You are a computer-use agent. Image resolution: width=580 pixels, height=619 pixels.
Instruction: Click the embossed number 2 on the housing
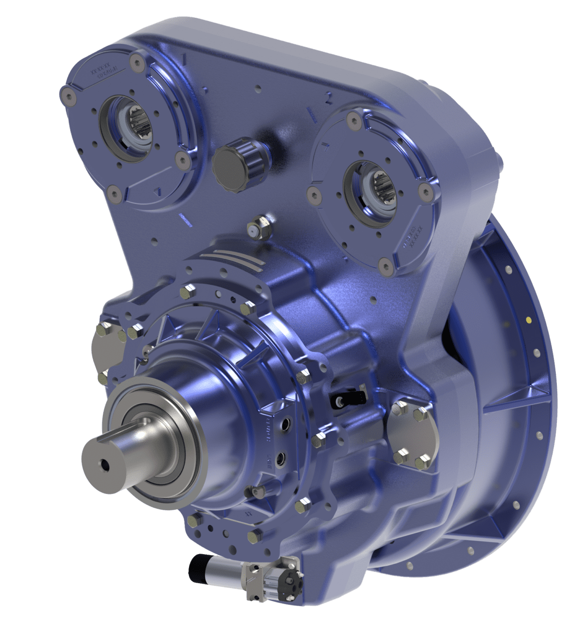328,99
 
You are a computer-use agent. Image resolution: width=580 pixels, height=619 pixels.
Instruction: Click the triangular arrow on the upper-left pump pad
158,192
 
